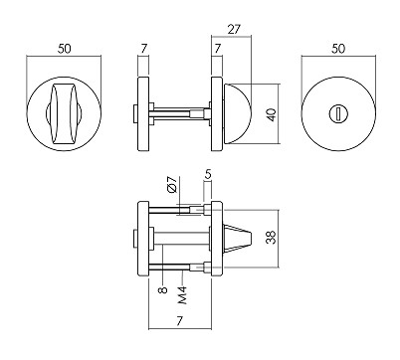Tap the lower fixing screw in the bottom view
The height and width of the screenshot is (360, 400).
tap(179, 268)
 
